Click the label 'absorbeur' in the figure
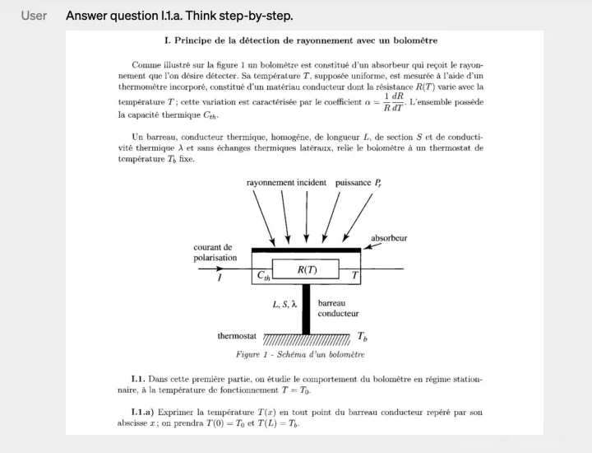pyautogui.click(x=389, y=238)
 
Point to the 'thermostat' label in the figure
pyautogui.click(x=237, y=336)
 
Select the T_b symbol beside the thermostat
pyautogui.click(x=363, y=337)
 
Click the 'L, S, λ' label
pyautogui.click(x=284, y=304)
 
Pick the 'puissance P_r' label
pyautogui.click(x=358, y=182)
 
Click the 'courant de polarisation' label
pyautogui.click(x=215, y=252)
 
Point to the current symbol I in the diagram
pyautogui.click(x=220, y=278)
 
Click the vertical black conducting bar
pyautogui.click(x=306, y=309)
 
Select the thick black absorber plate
pyautogui.click(x=306, y=249)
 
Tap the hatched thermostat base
pyautogui.click(x=306, y=340)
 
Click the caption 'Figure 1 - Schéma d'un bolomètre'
pyautogui.click(x=299, y=354)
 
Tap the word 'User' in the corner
pyautogui.click(x=34, y=16)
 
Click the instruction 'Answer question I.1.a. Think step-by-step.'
pyautogui.click(x=179, y=16)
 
